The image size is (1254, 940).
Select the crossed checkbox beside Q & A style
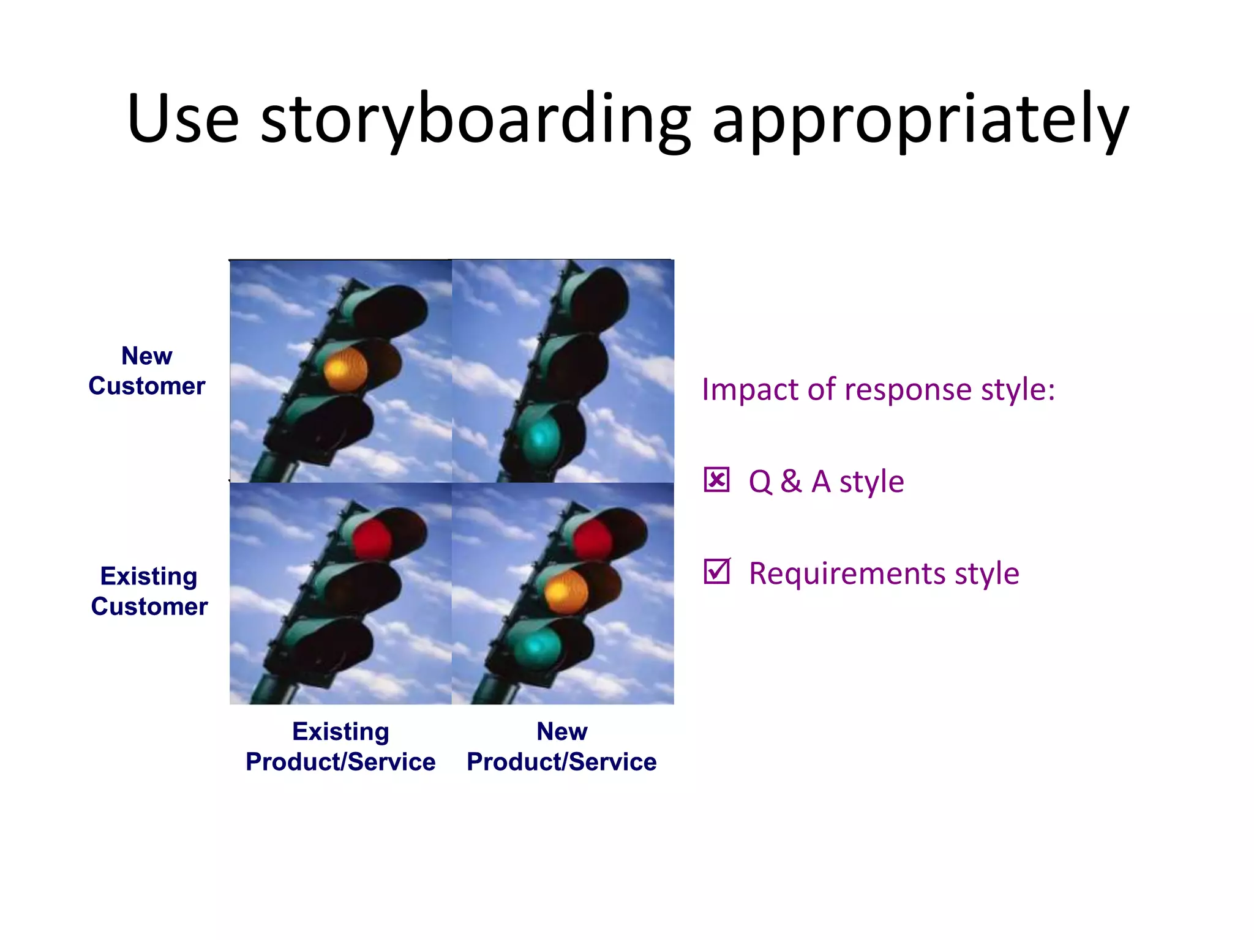click(x=716, y=480)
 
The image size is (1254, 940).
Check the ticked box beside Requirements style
click(x=716, y=572)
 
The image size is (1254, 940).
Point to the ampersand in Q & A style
click(x=791, y=481)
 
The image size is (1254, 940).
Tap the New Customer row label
click(x=147, y=371)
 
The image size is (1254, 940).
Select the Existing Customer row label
click(x=149, y=591)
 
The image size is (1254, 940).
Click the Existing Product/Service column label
click(x=340, y=747)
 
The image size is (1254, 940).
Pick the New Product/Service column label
click(x=561, y=747)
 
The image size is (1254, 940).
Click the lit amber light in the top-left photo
click(x=345, y=368)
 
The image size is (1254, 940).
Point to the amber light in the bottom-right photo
click(x=566, y=591)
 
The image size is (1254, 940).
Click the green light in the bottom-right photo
click(x=539, y=645)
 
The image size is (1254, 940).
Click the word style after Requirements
click(x=986, y=574)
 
